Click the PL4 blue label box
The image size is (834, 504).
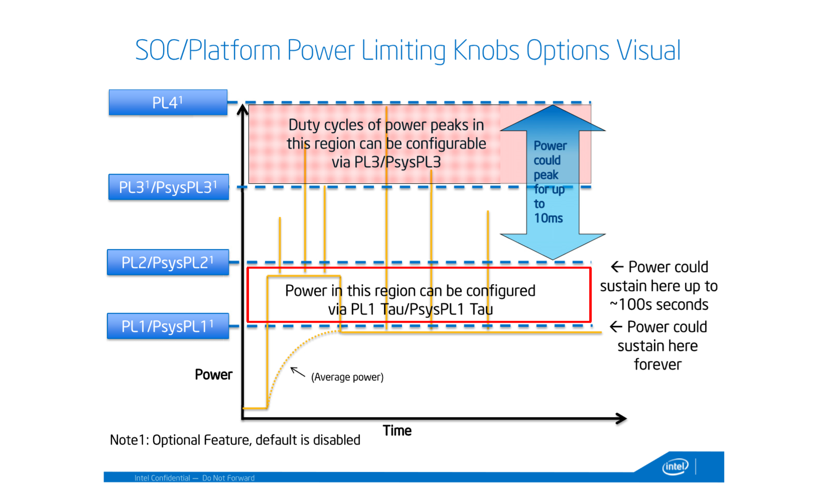pyautogui.click(x=168, y=103)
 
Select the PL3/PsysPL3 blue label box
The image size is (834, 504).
pyautogui.click(x=168, y=187)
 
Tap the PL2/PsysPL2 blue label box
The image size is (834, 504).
pyautogui.click(x=168, y=263)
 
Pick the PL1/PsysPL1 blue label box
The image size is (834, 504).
pyautogui.click(x=168, y=326)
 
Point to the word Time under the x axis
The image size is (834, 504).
pyautogui.click(x=397, y=431)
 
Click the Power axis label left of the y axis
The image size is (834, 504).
pyautogui.click(x=213, y=375)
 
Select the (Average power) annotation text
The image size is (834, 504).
pyautogui.click(x=347, y=377)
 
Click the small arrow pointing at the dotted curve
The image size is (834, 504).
pyautogui.click(x=298, y=372)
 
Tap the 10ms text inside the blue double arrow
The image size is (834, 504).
pyautogui.click(x=548, y=218)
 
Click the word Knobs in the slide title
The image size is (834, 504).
pyautogui.click(x=486, y=51)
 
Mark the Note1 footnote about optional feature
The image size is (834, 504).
pyautogui.click(x=235, y=440)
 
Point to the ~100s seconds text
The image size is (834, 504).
pyautogui.click(x=659, y=305)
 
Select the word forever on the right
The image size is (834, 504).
pyautogui.click(x=657, y=364)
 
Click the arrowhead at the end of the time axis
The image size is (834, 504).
pyautogui.click(x=622, y=418)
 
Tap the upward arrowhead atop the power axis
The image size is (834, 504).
pyautogui.click(x=243, y=109)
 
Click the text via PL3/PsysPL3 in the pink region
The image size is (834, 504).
pyautogui.click(x=386, y=162)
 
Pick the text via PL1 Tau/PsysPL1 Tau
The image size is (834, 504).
pyautogui.click(x=410, y=309)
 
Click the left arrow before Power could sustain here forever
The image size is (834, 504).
pyautogui.click(x=616, y=327)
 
